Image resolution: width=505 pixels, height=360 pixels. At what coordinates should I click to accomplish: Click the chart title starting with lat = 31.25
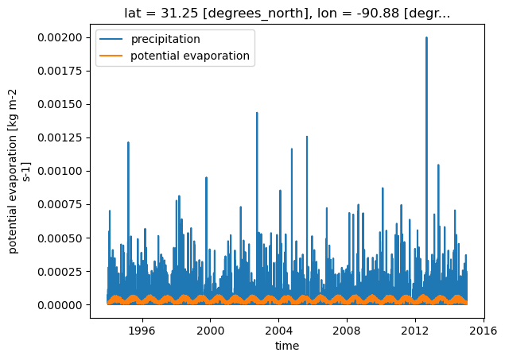click(287, 14)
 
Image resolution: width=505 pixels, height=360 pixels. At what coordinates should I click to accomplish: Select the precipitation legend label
click(165, 39)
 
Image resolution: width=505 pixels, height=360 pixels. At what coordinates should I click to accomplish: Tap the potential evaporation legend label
click(190, 56)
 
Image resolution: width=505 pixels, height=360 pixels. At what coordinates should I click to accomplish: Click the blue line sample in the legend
click(111, 39)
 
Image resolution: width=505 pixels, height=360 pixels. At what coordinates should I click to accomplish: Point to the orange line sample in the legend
click(111, 56)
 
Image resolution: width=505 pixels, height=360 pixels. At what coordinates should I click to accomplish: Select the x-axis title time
click(287, 346)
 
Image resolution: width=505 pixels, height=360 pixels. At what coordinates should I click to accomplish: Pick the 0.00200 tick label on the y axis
click(60, 37)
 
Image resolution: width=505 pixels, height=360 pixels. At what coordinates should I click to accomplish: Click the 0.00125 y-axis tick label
click(60, 137)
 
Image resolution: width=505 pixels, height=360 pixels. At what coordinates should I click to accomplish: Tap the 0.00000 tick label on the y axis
click(60, 304)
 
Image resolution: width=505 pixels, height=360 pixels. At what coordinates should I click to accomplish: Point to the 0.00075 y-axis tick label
click(60, 204)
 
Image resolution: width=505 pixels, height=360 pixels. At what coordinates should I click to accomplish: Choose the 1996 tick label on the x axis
click(142, 331)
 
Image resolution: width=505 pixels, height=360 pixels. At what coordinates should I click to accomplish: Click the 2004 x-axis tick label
click(279, 331)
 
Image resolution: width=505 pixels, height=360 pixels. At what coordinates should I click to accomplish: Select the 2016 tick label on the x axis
click(484, 331)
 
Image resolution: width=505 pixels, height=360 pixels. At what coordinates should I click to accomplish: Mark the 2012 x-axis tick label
click(415, 331)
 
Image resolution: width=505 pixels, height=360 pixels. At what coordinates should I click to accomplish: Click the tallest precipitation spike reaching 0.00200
click(426, 37)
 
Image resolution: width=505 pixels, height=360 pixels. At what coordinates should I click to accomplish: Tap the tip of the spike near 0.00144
click(257, 113)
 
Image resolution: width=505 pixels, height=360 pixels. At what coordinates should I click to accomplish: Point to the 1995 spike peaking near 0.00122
click(128, 142)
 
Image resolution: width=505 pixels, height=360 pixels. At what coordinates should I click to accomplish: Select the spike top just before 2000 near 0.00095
click(206, 177)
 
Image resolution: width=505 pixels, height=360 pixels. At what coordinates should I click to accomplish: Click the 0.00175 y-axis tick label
click(60, 71)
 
